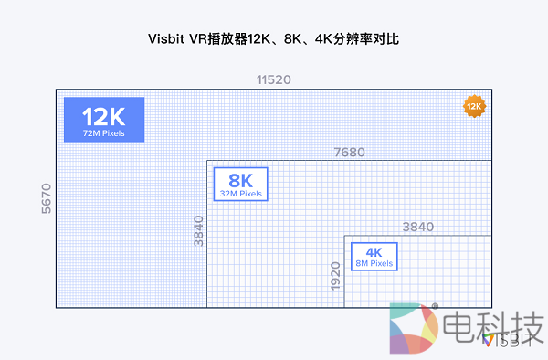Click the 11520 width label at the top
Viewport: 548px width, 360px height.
(x=273, y=80)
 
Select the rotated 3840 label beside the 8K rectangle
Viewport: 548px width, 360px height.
(x=198, y=232)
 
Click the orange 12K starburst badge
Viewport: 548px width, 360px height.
(x=473, y=107)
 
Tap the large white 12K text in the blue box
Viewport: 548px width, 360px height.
(x=104, y=117)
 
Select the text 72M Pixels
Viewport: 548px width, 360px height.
(x=104, y=134)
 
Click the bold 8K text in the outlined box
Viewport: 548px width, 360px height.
(x=241, y=180)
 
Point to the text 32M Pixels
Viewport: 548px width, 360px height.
(x=241, y=194)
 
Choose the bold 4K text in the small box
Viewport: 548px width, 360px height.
(x=374, y=252)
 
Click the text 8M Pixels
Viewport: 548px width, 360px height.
(x=374, y=263)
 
